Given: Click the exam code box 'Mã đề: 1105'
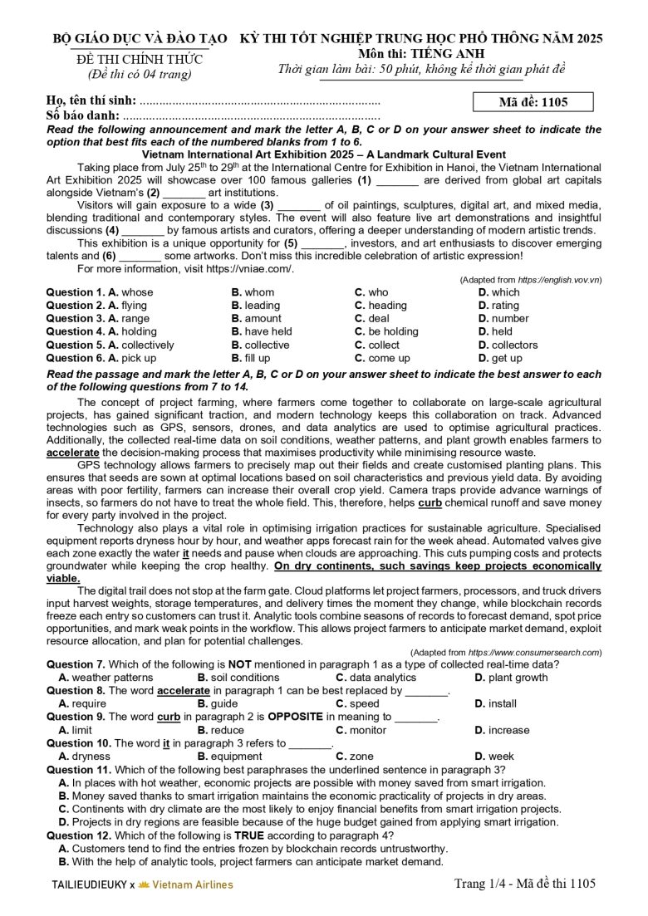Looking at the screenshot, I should pos(533,102).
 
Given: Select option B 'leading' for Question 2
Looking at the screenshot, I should pos(256,306).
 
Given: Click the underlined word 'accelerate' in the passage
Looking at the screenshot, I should pos(72,453).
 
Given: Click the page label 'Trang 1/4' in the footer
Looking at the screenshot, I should pos(479,884).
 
